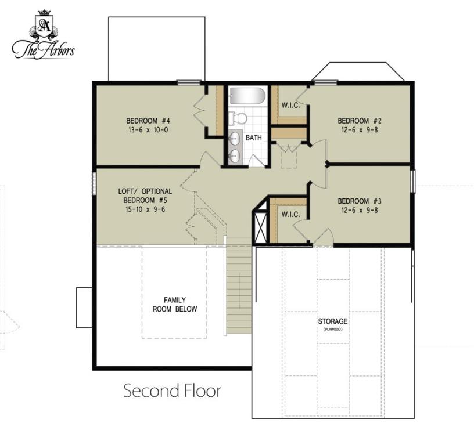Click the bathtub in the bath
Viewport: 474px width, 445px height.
247,96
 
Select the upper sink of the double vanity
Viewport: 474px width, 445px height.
235,139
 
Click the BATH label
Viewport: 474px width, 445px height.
254,138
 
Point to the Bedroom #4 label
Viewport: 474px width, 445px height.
148,121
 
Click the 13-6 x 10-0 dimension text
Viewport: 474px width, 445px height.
148,130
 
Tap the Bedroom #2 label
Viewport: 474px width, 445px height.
360,121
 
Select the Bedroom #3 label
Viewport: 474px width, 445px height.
360,201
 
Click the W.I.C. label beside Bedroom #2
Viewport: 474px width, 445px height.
291,106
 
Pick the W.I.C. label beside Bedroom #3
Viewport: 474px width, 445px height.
291,215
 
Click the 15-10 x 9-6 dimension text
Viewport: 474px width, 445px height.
145,209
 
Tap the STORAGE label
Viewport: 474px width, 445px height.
332,321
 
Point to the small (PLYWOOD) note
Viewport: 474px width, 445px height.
332,330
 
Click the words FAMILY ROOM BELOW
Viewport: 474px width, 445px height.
175,305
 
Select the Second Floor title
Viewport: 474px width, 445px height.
173,390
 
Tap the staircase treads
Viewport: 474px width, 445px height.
239,285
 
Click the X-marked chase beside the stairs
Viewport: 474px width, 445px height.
261,223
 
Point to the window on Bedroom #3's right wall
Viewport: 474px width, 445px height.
413,180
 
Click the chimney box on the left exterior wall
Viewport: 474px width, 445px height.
84,307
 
